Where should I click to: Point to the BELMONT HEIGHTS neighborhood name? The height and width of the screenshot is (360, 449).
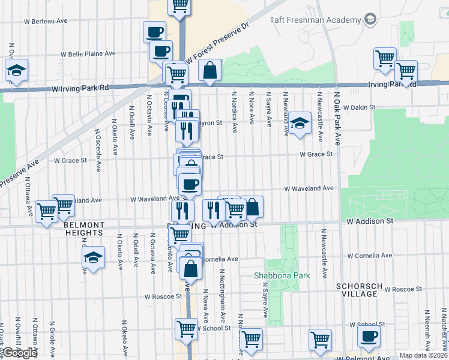pyautogui.click(x=84, y=229)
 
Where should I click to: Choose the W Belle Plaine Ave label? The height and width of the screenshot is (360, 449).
pyautogui.click(x=88, y=53)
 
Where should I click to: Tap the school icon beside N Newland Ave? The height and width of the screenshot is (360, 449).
pyautogui.click(x=299, y=124)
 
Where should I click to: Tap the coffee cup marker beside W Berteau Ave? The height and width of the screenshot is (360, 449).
pyautogui.click(x=154, y=32)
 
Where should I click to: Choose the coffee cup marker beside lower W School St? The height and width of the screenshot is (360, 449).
pyautogui.click(x=369, y=336)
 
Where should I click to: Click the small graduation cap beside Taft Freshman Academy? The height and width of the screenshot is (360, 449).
pyautogui.click(x=370, y=20)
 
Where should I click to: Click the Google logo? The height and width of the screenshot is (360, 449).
pyautogui.click(x=20, y=353)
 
